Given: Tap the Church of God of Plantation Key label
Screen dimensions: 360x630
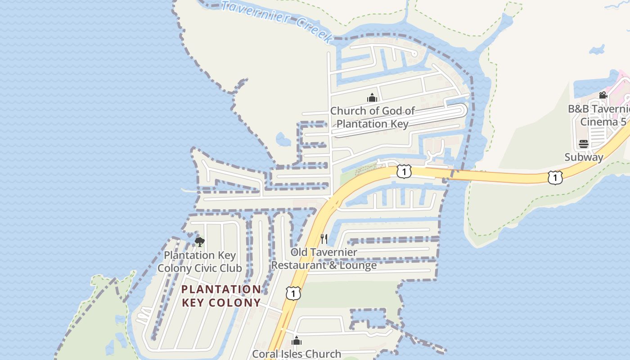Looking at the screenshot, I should point(373,117).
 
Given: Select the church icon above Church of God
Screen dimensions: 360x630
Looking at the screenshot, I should point(372,97).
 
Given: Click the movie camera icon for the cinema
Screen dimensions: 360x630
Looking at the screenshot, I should point(603,95).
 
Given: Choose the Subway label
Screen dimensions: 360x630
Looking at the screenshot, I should point(584,157).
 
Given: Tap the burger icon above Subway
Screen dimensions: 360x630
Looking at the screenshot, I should point(584,144).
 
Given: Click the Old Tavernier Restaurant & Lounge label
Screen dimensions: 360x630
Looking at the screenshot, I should point(324,259).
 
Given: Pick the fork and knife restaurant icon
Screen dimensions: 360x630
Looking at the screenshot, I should point(324,238).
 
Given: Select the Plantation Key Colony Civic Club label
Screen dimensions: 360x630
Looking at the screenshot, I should point(200,261).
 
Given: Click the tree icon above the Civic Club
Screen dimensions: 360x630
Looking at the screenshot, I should point(200,242).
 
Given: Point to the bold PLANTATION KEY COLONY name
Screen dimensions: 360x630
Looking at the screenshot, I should point(221,296).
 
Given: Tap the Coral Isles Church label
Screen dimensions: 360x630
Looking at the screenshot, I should point(297,354).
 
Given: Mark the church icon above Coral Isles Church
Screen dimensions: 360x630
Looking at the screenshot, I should point(297,341).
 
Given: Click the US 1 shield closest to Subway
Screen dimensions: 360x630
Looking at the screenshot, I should point(555,177).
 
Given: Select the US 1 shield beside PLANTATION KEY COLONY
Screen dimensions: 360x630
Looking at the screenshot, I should point(293,293).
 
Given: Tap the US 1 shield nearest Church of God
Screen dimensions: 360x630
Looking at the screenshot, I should point(404,171).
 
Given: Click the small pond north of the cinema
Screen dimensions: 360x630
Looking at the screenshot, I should point(597,49).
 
